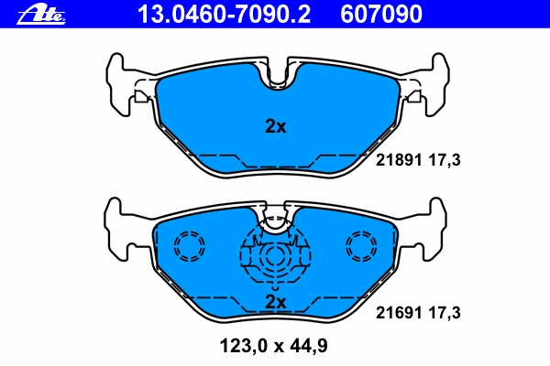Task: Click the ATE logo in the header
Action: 41,15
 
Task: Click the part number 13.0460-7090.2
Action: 224,15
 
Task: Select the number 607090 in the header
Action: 381,15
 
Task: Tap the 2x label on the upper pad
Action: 276,126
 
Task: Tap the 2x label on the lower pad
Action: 276,302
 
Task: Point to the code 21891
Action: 399,160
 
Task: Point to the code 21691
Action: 399,312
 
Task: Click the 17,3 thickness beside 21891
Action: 445,160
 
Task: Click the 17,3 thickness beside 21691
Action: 445,313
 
